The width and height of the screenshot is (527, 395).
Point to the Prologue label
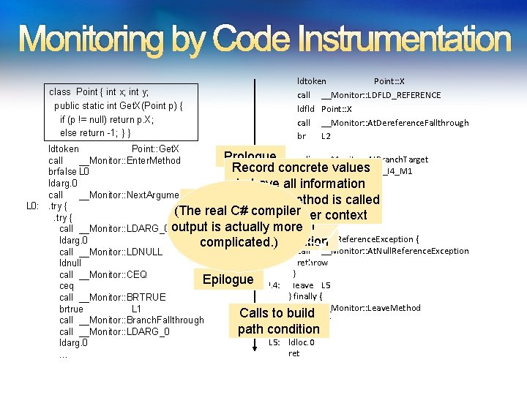pos(250,156)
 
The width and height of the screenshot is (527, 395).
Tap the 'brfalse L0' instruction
pos(69,171)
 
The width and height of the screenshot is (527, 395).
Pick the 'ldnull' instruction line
pos(70,263)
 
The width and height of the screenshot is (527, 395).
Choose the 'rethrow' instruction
pos(313,263)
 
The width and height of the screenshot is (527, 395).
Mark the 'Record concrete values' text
pos(301,168)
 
